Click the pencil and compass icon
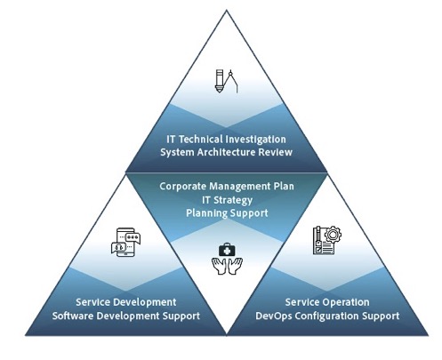(227, 81)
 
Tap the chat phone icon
(125, 242)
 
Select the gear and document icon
(327, 240)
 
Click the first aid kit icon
(227, 250)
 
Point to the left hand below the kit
(219, 266)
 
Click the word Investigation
(255, 140)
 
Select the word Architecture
(226, 152)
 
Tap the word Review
(276, 152)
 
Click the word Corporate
(183, 187)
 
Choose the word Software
(73, 316)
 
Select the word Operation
(345, 302)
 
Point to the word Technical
(201, 140)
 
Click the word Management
(239, 187)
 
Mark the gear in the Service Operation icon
(333, 235)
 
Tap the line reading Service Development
(126, 302)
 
